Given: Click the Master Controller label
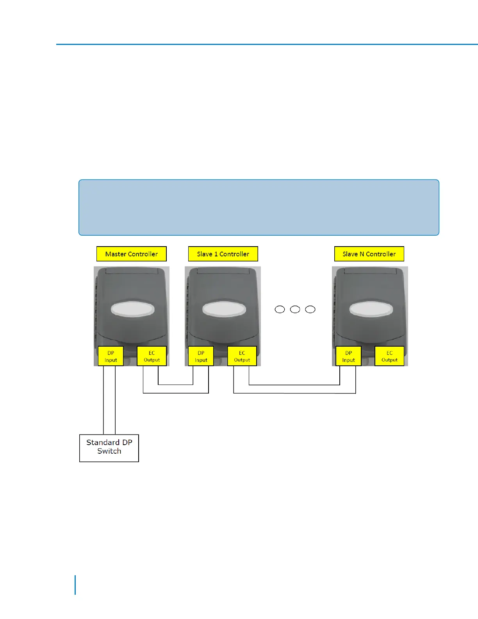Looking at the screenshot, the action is (x=132, y=254).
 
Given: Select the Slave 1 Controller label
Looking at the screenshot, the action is (x=223, y=254).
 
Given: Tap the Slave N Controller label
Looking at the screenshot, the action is (x=369, y=254).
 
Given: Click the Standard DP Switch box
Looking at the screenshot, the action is (x=109, y=448).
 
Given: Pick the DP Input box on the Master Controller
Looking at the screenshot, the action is (x=111, y=356).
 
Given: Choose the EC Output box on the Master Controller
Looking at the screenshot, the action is (x=152, y=356).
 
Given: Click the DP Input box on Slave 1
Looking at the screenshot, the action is (x=201, y=356).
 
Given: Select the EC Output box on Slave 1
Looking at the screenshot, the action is (x=242, y=356).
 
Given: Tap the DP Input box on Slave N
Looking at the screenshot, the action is (x=349, y=356).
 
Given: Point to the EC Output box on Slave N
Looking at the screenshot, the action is (x=389, y=356).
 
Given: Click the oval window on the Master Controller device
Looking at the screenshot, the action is (x=133, y=309).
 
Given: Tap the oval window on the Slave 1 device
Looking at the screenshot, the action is (x=224, y=309).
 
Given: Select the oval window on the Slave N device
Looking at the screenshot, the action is (x=371, y=309).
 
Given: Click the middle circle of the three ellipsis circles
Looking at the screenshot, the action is (x=295, y=309).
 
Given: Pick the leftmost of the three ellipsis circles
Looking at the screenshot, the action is (x=280, y=309).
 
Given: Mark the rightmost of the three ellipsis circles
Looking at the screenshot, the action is (x=310, y=309).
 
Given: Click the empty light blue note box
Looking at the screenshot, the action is (x=259, y=208).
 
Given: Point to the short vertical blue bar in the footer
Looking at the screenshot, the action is (x=75, y=585).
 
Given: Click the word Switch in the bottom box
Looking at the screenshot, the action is (x=109, y=451).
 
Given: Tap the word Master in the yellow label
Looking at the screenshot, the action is (x=116, y=254).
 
